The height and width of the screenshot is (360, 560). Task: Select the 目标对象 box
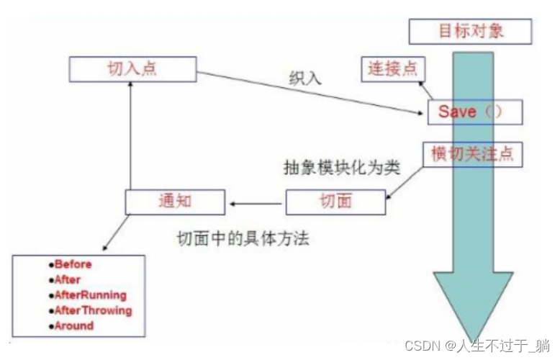470,32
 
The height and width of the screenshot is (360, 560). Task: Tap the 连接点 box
393,69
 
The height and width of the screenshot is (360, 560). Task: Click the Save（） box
475,112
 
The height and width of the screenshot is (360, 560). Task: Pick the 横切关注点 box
471,154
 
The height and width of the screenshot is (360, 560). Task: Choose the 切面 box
335,202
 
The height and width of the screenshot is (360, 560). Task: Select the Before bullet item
73,264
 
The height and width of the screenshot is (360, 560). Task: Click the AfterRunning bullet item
90,295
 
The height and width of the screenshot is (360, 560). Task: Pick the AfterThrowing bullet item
93,310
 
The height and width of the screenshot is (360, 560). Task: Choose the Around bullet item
74,325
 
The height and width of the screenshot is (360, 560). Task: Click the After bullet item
68,279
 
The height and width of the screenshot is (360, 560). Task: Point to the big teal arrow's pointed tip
471,338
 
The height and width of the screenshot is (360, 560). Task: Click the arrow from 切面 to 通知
255,202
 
